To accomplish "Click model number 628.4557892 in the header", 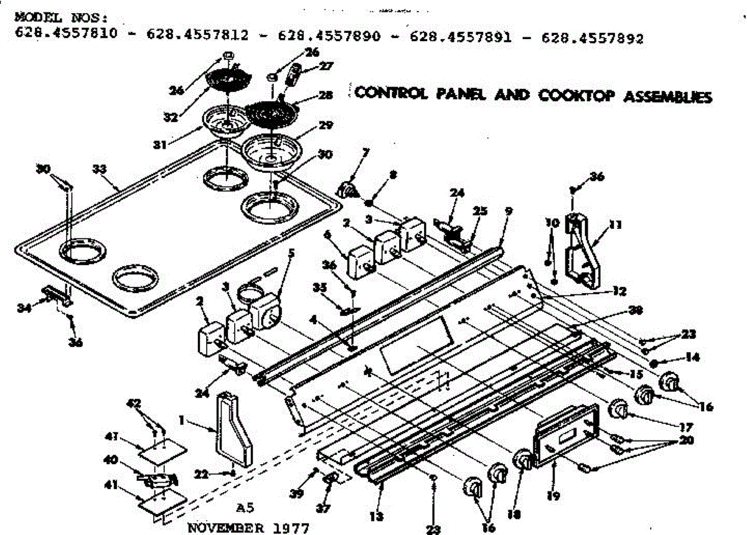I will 593,37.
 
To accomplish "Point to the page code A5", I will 245,506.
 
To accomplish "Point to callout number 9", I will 509,211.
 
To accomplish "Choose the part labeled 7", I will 347,188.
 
